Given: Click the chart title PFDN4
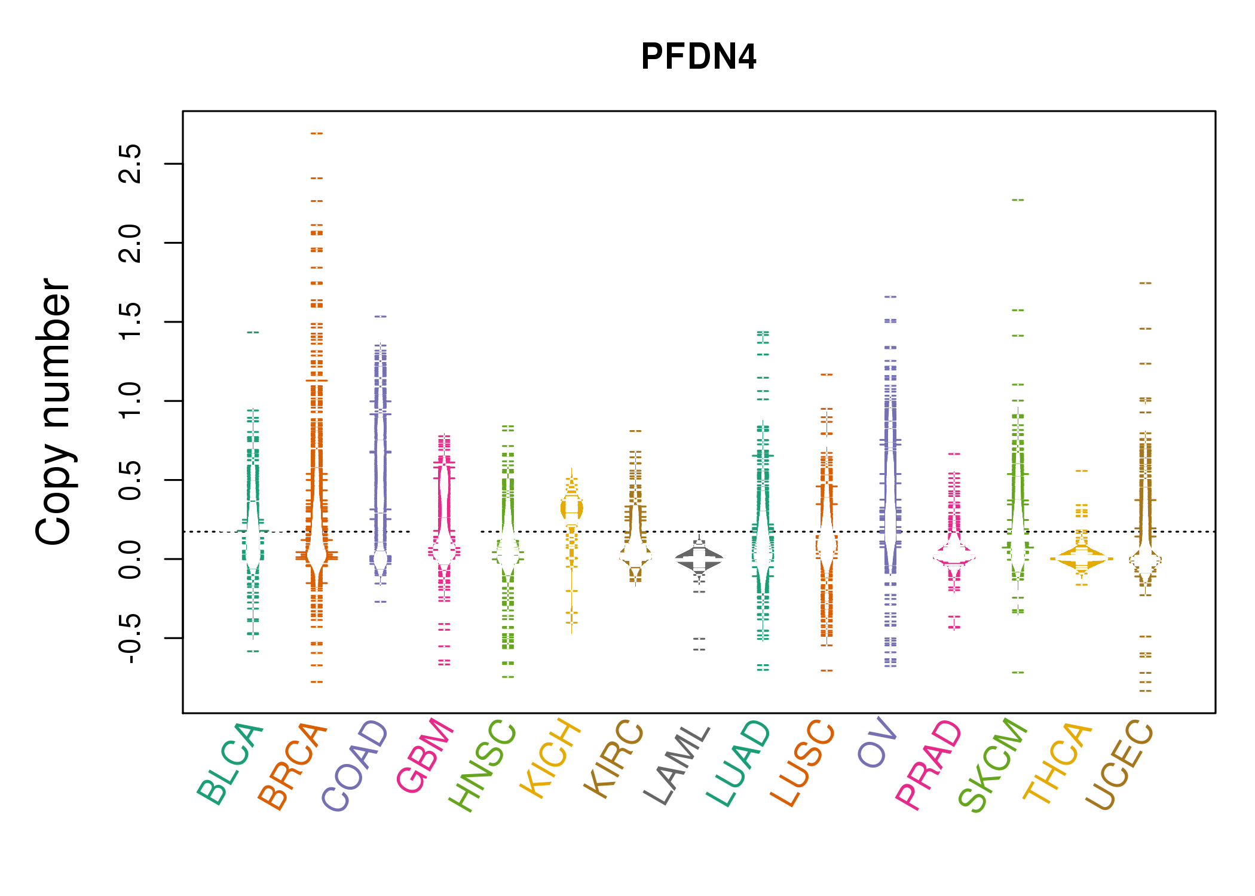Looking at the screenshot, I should (698, 57).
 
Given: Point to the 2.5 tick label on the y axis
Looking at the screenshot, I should (130, 164).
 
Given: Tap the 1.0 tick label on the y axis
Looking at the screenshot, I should (130, 401).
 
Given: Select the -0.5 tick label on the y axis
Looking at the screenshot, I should (130, 638).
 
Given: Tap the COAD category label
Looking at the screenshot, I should (356, 766).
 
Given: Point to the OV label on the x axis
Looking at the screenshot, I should (877, 743).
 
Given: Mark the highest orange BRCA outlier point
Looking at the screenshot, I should (317, 133).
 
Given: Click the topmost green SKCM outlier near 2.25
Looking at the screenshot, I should (1018, 200).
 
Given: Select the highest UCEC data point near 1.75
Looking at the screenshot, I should (1145, 283).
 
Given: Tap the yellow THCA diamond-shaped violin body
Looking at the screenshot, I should (1081, 559).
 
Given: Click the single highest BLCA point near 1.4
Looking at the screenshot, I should (253, 332).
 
